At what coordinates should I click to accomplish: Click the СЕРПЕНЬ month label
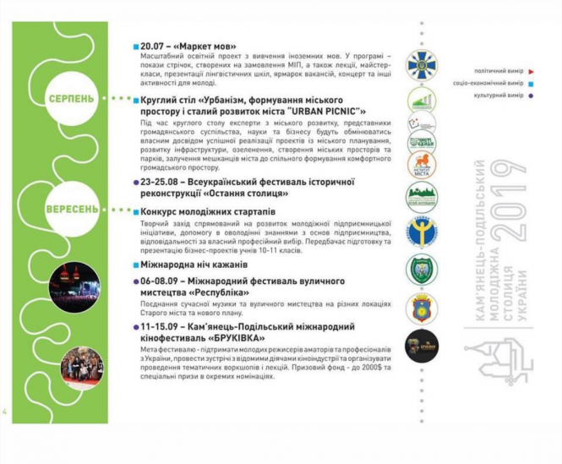(71, 99)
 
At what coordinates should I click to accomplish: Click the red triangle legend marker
(530, 72)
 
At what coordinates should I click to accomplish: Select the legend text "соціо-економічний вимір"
(488, 84)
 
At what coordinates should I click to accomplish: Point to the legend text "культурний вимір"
(499, 96)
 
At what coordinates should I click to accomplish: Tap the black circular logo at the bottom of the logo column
(421, 347)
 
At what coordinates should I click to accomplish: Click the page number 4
(6, 412)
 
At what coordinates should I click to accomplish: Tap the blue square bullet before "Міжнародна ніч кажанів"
(136, 265)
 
